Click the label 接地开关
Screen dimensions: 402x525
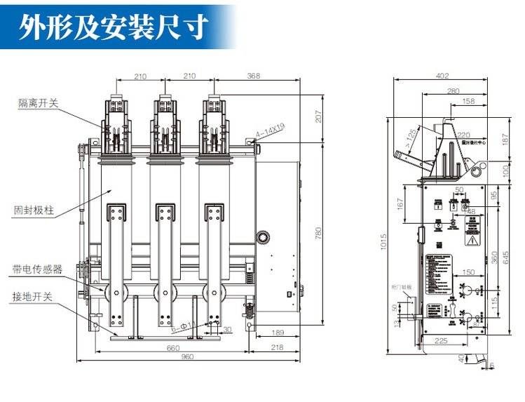(33, 296)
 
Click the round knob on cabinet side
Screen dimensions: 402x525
(264, 237)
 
